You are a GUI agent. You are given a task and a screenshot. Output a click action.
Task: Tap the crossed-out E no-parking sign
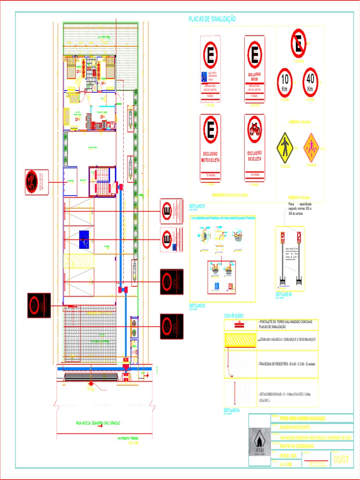click(x=299, y=41)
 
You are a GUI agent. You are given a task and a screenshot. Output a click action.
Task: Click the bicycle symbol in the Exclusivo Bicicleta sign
click(x=255, y=128)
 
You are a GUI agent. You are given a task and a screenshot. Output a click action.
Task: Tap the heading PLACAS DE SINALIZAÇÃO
click(x=212, y=19)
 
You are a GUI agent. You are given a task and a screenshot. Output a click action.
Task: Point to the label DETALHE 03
click(x=284, y=294)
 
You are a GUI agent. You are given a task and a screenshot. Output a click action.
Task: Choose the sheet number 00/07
click(x=341, y=460)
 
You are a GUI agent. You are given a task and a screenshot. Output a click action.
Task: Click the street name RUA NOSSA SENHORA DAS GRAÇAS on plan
click(x=98, y=423)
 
